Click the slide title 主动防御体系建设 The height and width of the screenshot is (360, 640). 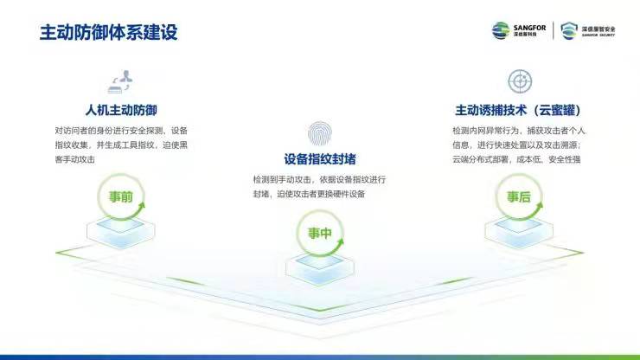(x=109, y=32)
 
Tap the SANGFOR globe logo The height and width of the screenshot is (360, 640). (x=501, y=30)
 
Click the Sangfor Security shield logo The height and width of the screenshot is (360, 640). (x=569, y=30)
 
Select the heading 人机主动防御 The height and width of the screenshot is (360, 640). (x=121, y=110)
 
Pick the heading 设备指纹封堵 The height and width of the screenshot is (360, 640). (x=320, y=159)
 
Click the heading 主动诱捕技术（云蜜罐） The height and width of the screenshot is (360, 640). (x=518, y=110)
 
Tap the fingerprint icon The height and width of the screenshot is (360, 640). (x=320, y=133)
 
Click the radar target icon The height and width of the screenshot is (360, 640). (x=520, y=80)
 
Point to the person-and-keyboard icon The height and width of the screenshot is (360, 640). (x=120, y=81)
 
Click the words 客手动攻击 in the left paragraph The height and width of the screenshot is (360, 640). (x=74, y=159)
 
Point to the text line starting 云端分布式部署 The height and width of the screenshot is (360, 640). (x=516, y=159)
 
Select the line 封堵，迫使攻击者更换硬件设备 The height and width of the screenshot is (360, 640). (x=309, y=194)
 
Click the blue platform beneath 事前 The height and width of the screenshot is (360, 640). (x=121, y=232)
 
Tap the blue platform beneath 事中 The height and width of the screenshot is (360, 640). (x=320, y=268)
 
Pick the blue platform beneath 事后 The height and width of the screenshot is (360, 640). (x=519, y=232)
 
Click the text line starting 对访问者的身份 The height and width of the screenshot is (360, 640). (x=121, y=131)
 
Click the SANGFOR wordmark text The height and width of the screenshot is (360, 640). (x=529, y=28)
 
